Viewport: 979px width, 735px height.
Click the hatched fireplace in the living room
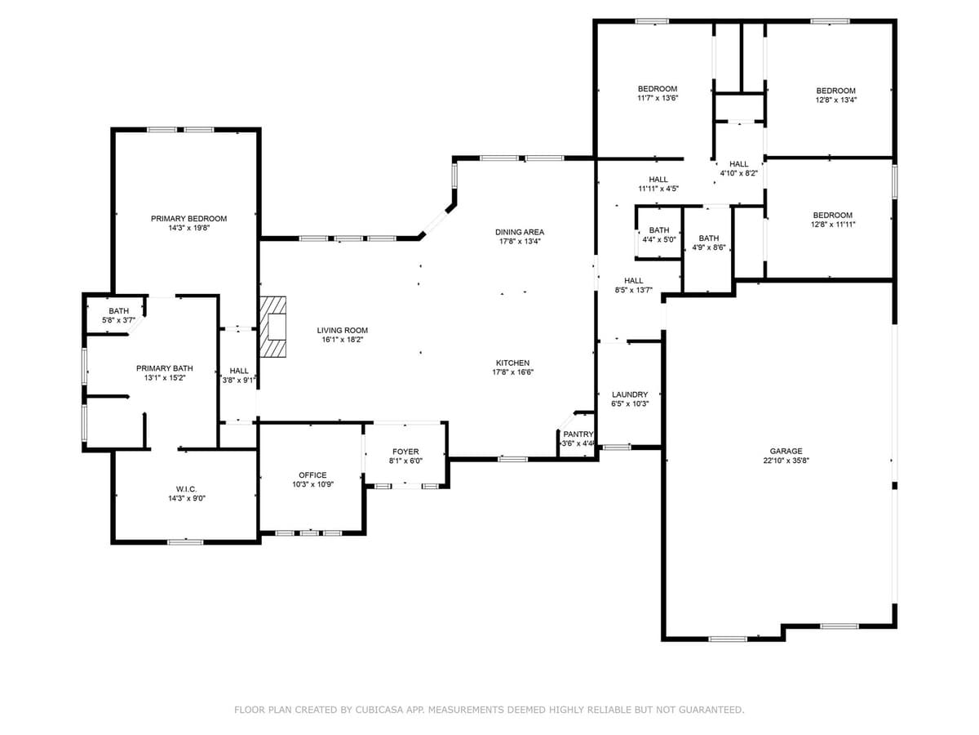coord(273,327)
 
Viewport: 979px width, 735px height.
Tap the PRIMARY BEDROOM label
coord(188,218)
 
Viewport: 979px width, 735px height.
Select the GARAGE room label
coord(786,451)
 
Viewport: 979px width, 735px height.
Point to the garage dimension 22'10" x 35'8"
coord(786,461)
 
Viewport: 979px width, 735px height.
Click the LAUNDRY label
coord(629,394)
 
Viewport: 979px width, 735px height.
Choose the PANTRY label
coord(578,434)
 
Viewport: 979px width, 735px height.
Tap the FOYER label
coord(405,452)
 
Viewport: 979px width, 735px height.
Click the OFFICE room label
coord(312,474)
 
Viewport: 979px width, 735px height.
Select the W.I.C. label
coord(186,488)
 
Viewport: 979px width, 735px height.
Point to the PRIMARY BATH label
coord(165,368)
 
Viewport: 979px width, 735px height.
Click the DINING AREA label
coord(520,232)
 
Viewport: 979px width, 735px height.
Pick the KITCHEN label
coord(512,363)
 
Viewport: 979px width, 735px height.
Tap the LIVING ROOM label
coord(343,330)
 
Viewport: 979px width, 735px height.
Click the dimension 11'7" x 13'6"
coord(658,98)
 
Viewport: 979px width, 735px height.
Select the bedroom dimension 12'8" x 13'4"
coord(836,100)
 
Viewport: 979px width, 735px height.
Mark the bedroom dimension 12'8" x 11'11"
coord(833,225)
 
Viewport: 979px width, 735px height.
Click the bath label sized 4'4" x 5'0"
coord(659,230)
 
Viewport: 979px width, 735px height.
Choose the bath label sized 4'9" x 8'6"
coord(708,238)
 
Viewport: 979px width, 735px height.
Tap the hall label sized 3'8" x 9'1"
coord(239,371)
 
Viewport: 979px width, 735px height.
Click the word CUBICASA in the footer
coord(378,710)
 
